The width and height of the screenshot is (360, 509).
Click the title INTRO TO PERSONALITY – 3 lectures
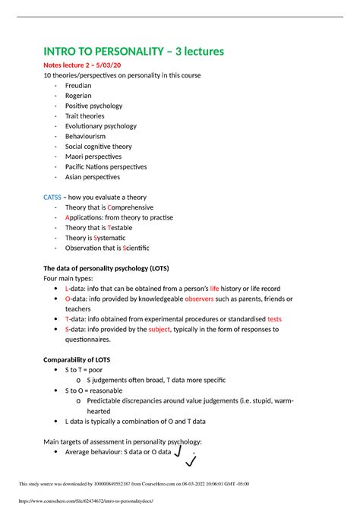(135, 52)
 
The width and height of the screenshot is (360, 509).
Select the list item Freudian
(78, 86)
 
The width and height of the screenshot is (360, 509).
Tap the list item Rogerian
(78, 96)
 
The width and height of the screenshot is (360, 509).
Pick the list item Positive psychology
(95, 106)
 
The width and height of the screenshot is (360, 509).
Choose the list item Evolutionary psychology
(101, 126)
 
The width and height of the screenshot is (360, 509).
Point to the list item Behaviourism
(85, 136)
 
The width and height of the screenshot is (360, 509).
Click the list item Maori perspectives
(94, 156)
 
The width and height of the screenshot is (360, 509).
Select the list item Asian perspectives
(93, 176)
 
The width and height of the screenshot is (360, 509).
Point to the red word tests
(274, 319)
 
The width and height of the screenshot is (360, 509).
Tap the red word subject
(159, 329)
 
